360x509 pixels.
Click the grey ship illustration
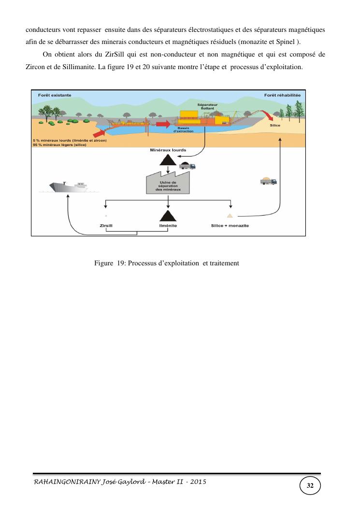pos(69,186)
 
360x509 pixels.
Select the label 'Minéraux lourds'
pos(168,150)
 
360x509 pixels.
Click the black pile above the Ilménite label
pos(167,216)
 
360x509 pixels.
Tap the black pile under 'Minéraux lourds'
pos(168,160)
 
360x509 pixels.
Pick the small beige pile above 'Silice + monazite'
pos(230,215)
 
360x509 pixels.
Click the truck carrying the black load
pos(187,166)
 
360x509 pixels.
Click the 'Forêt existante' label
pos(55,95)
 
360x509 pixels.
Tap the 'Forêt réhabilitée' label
pos(282,95)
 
